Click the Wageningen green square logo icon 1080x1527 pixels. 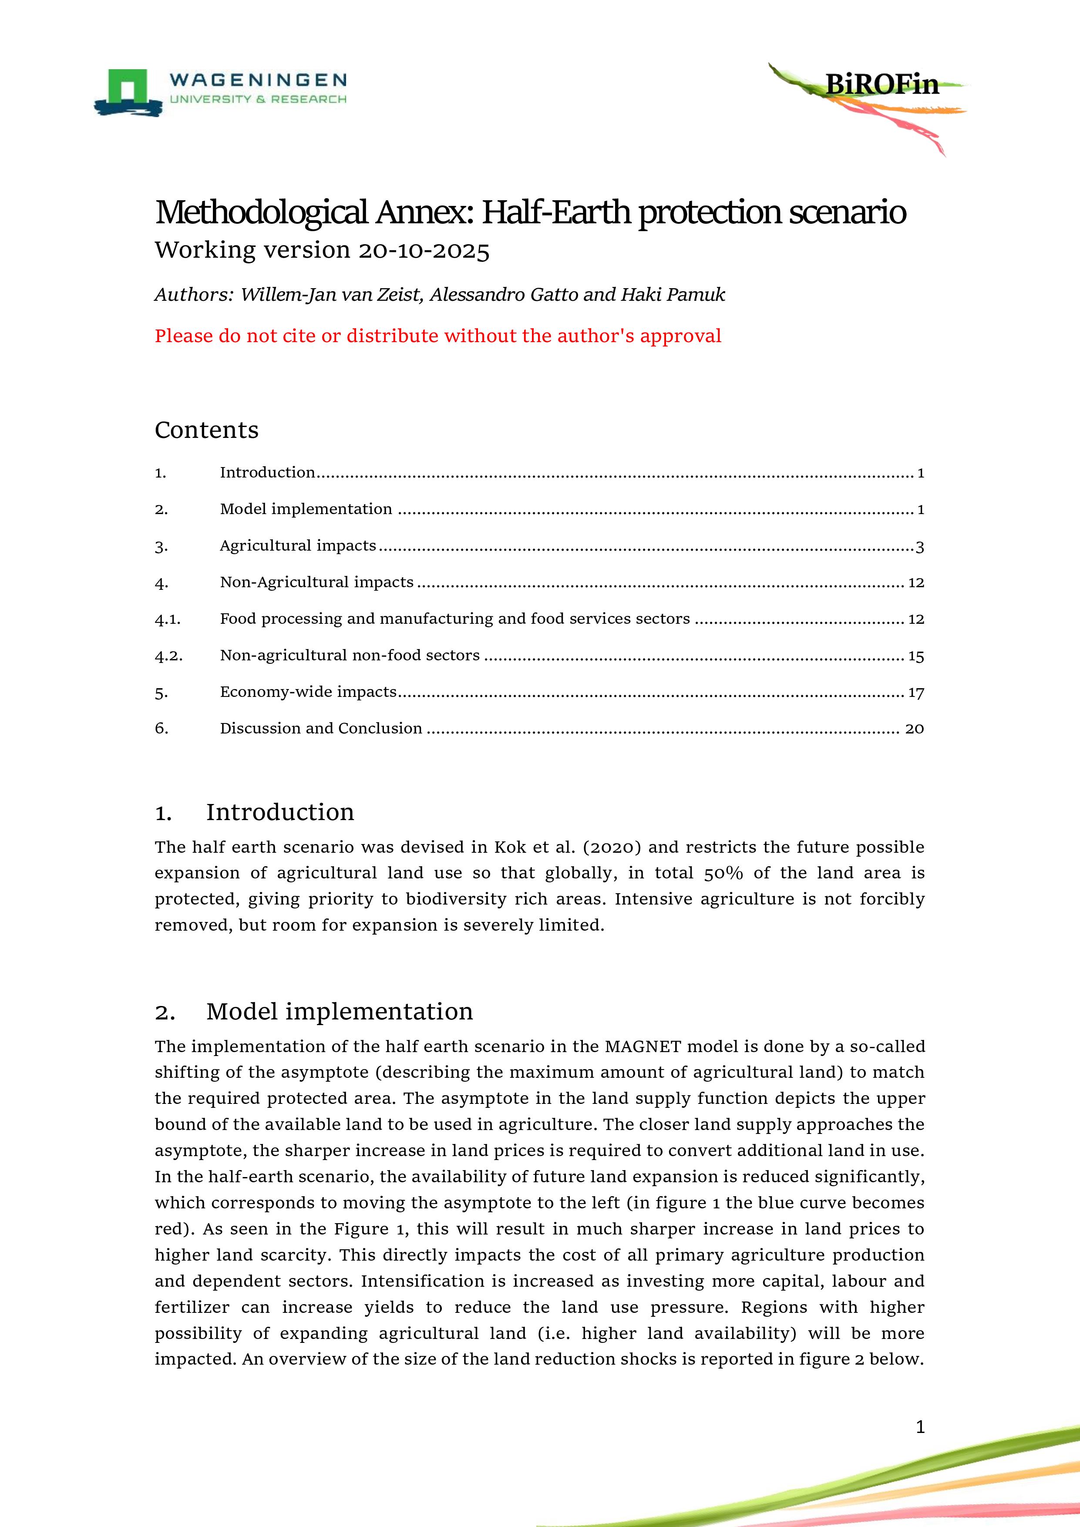pos(130,87)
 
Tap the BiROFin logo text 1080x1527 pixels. pos(882,84)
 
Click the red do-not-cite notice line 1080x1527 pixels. pos(437,336)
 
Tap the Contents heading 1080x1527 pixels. pos(206,431)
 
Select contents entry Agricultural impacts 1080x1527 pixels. pos(298,545)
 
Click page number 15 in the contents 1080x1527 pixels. pos(916,656)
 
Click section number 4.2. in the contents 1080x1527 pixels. pos(168,656)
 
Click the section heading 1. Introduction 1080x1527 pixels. pos(255,812)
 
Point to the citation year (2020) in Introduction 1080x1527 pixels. pos(612,848)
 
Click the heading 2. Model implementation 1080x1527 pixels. pos(314,1012)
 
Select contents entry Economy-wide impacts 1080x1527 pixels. pos(308,692)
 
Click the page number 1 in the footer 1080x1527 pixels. pos(920,1426)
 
